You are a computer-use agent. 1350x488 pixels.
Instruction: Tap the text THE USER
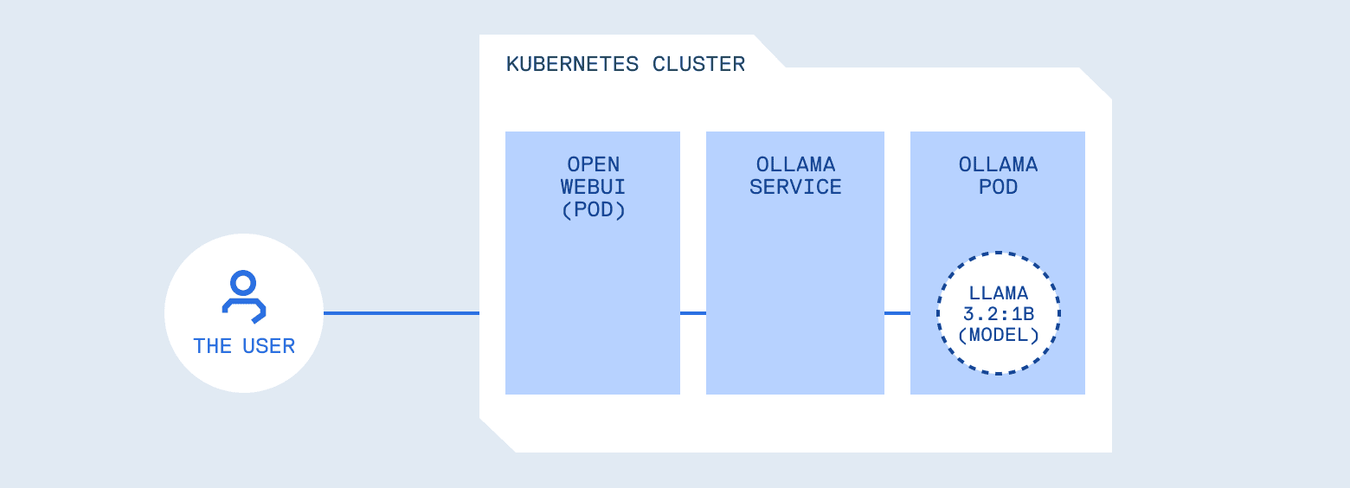244,346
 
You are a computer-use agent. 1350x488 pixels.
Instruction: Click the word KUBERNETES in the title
573,64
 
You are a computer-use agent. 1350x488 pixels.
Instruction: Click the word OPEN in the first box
593,164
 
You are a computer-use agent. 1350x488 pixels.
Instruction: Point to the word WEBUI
593,187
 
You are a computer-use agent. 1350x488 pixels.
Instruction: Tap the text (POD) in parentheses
593,210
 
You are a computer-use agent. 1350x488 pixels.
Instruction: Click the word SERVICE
795,187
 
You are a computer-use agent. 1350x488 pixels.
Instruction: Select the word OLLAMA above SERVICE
795,164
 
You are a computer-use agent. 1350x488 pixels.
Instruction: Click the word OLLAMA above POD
998,164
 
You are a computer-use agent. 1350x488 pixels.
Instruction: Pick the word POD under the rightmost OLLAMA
998,187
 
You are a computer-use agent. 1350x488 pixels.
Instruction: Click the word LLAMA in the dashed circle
999,293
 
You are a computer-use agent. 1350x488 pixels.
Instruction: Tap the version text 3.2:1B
999,314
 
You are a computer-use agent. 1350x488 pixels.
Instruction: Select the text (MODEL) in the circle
999,335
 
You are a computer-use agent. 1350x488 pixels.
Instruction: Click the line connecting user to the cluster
402,313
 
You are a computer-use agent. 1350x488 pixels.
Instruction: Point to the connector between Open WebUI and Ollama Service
693,313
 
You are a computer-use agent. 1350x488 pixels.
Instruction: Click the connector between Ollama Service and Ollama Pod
897,313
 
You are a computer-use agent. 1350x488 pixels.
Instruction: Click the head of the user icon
244,283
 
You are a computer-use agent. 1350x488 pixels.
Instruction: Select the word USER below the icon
268,346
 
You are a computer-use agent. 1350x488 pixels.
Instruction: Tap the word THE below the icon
212,346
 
